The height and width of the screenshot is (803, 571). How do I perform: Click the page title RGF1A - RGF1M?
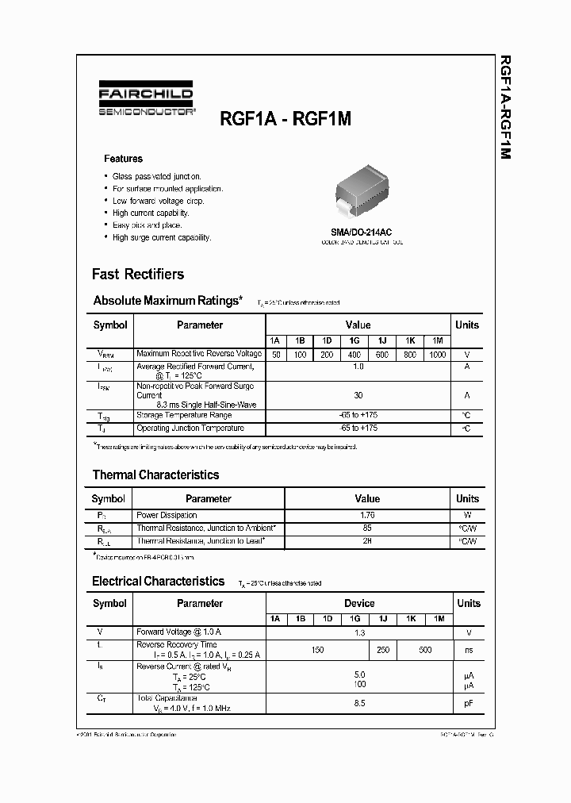[x=285, y=118]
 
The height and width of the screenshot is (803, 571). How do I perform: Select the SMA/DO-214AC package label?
[x=361, y=232]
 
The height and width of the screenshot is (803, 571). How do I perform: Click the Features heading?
[x=123, y=159]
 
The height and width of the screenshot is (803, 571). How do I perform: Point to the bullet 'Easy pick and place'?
[x=147, y=225]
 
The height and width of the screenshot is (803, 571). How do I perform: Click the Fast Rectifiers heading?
[x=138, y=275]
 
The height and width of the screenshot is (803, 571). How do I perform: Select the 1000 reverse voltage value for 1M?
[x=436, y=355]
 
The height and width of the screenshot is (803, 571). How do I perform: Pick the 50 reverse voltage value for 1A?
[x=275, y=355]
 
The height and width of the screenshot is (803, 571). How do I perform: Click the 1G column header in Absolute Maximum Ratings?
[x=354, y=340]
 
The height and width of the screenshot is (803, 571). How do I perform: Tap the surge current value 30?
[x=358, y=394]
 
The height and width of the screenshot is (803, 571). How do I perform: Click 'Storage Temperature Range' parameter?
[x=184, y=415]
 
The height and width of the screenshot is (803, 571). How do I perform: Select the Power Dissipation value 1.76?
[x=367, y=515]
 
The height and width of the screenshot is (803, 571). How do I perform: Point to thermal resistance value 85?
[x=367, y=528]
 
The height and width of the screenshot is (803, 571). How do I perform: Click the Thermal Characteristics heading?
[x=155, y=475]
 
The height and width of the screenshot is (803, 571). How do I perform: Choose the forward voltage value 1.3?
[x=358, y=632]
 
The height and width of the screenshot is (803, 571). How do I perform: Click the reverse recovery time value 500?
[x=425, y=650]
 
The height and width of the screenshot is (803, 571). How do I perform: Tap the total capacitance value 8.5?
[x=358, y=702]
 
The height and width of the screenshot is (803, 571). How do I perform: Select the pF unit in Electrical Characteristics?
[x=468, y=702]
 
